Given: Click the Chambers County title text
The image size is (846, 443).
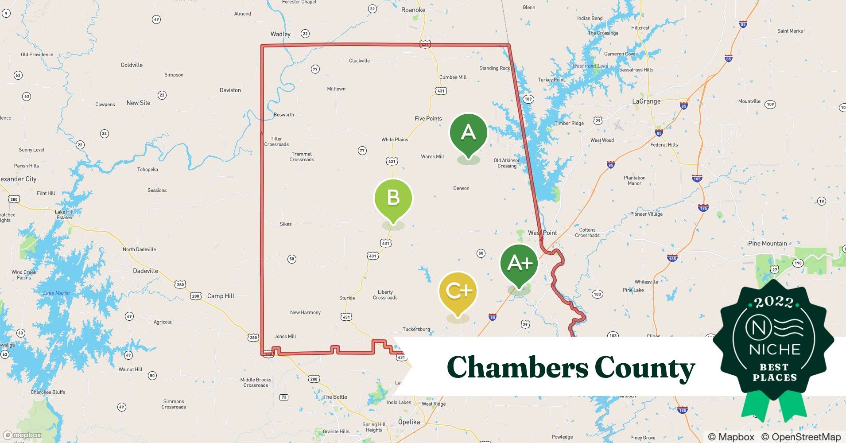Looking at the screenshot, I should [x=570, y=367].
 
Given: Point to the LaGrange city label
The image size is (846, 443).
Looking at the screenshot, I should [x=646, y=101].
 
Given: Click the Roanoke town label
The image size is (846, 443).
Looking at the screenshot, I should [x=413, y=10].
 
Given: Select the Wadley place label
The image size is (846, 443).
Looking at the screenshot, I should [x=280, y=34].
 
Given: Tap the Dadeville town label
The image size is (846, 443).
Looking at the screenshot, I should [x=145, y=271].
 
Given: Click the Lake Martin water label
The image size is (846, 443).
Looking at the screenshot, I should [x=56, y=293].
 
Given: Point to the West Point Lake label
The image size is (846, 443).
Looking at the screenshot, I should [x=590, y=66].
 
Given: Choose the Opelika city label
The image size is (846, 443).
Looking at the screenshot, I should [x=408, y=422].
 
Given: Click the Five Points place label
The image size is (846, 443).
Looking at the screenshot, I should [x=428, y=118].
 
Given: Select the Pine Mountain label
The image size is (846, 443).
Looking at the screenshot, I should [x=767, y=243].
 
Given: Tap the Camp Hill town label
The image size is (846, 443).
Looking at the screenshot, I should [x=221, y=296].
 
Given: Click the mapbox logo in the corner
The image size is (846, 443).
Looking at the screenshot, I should [x=22, y=435].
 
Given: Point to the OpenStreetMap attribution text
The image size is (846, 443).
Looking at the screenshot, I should [x=801, y=437].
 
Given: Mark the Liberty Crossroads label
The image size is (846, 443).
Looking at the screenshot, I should [x=385, y=295].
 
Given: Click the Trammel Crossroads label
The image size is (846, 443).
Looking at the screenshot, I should [x=302, y=157].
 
